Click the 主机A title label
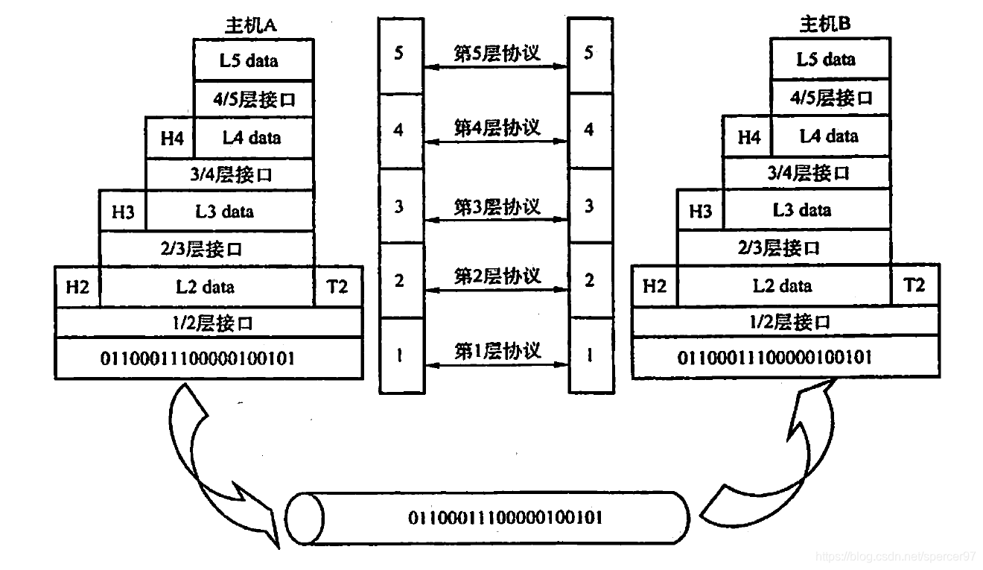(x=250, y=25)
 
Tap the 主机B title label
(x=825, y=24)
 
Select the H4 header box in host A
(x=170, y=138)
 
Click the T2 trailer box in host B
(x=914, y=285)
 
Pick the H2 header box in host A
(x=77, y=286)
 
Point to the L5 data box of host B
(x=829, y=60)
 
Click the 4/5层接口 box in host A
(x=253, y=99)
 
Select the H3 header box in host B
(x=700, y=210)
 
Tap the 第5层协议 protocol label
(x=497, y=53)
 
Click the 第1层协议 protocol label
(x=497, y=350)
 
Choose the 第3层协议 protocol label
(x=497, y=206)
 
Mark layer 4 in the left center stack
(x=399, y=130)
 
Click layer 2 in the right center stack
(x=590, y=280)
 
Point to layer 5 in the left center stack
(x=399, y=54)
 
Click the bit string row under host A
(x=209, y=358)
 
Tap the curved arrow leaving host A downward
(x=209, y=462)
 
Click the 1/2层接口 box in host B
(x=785, y=322)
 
